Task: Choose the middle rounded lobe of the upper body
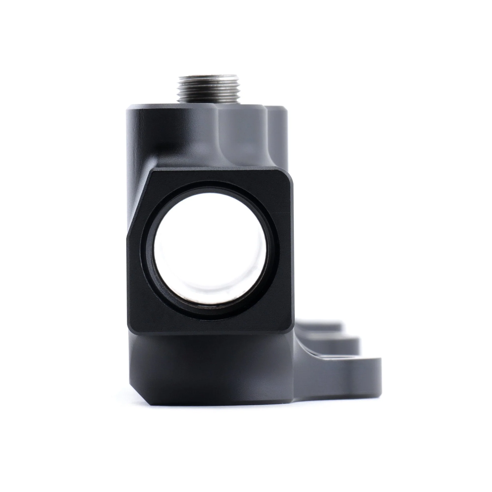coord(242,135)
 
